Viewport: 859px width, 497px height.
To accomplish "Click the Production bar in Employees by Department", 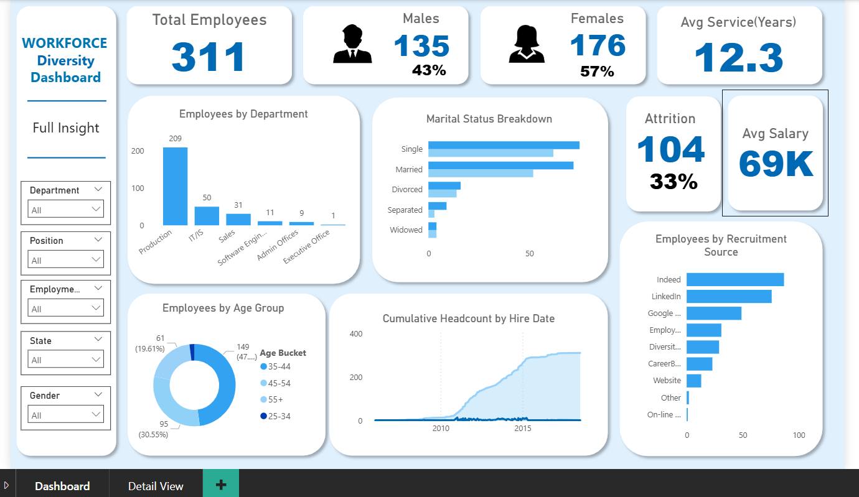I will click(175, 187).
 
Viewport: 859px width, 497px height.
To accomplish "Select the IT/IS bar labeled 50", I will click(207, 216).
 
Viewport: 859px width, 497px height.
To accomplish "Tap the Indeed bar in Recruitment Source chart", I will click(735, 280).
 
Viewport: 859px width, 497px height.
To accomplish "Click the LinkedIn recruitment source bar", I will click(728, 297).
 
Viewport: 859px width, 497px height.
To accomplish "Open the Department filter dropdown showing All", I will click(66, 210).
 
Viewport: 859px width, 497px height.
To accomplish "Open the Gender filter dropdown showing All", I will click(66, 415).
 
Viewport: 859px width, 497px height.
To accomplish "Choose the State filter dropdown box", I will click(66, 360).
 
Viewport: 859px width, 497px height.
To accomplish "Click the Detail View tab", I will click(156, 486).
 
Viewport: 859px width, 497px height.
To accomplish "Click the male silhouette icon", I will click(352, 44).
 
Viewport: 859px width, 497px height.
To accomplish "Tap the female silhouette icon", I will click(527, 44).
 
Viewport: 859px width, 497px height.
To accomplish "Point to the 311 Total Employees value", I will click(209, 57).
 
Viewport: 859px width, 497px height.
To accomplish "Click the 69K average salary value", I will click(776, 164).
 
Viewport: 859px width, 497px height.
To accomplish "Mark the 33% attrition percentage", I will click(674, 181).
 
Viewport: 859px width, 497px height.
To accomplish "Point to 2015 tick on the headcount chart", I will click(523, 429).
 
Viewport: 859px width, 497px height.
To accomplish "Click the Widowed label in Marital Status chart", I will click(406, 230).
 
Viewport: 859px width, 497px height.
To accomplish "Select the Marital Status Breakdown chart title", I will click(489, 119).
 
